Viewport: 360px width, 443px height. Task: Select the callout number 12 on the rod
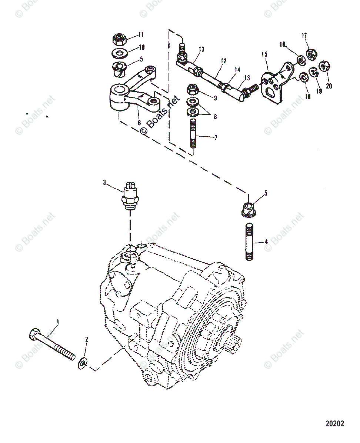tap(223, 60)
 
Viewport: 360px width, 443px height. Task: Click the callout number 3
tap(105, 182)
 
